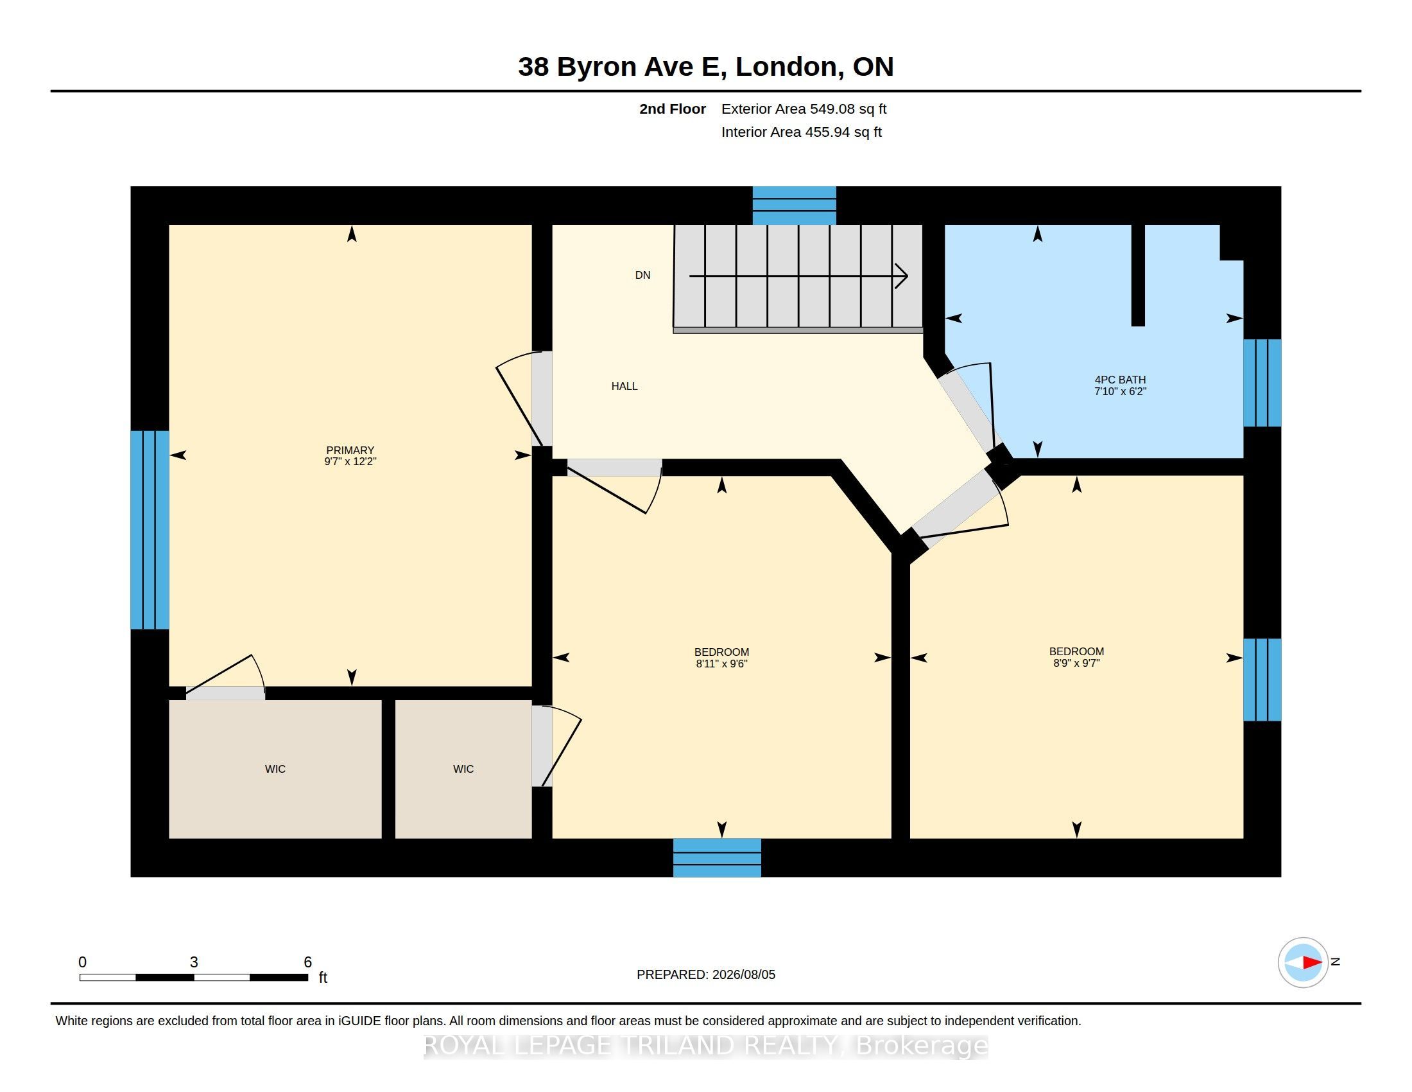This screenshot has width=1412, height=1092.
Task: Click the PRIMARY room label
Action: pyautogui.click(x=350, y=450)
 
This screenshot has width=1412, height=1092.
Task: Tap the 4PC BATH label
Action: pyautogui.click(x=1120, y=380)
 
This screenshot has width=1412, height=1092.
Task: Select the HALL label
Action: pyautogui.click(x=624, y=386)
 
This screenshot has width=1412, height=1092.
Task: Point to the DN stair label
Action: pyautogui.click(x=642, y=275)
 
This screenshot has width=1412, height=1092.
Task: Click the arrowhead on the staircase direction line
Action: pyautogui.click(x=902, y=276)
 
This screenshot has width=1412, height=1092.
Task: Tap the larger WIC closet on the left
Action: pyautogui.click(x=275, y=769)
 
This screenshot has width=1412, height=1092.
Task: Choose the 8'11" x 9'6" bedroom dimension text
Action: pyautogui.click(x=721, y=664)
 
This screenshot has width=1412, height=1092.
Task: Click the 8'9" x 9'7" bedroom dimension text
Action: pyautogui.click(x=1076, y=663)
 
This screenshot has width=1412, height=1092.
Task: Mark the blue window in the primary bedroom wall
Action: pyautogui.click(x=150, y=530)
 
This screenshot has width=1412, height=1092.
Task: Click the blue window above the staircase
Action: pyautogui.click(x=795, y=206)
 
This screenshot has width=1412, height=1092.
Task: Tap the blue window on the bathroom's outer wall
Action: pyautogui.click(x=1262, y=383)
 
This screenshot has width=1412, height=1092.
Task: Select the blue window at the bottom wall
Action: pyautogui.click(x=717, y=858)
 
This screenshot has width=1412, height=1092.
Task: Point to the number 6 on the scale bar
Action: pyautogui.click(x=307, y=962)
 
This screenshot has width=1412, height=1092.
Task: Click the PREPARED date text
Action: pyautogui.click(x=706, y=975)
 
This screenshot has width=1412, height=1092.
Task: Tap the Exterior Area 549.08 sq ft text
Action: pyautogui.click(x=804, y=109)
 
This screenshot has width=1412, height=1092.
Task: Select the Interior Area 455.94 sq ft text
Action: pyautogui.click(x=801, y=132)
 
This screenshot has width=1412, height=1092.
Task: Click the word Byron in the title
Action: pyautogui.click(x=597, y=67)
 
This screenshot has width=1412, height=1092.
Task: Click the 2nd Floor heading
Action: pyautogui.click(x=673, y=109)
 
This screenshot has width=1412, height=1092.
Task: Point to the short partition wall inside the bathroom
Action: pyautogui.click(x=1138, y=275)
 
